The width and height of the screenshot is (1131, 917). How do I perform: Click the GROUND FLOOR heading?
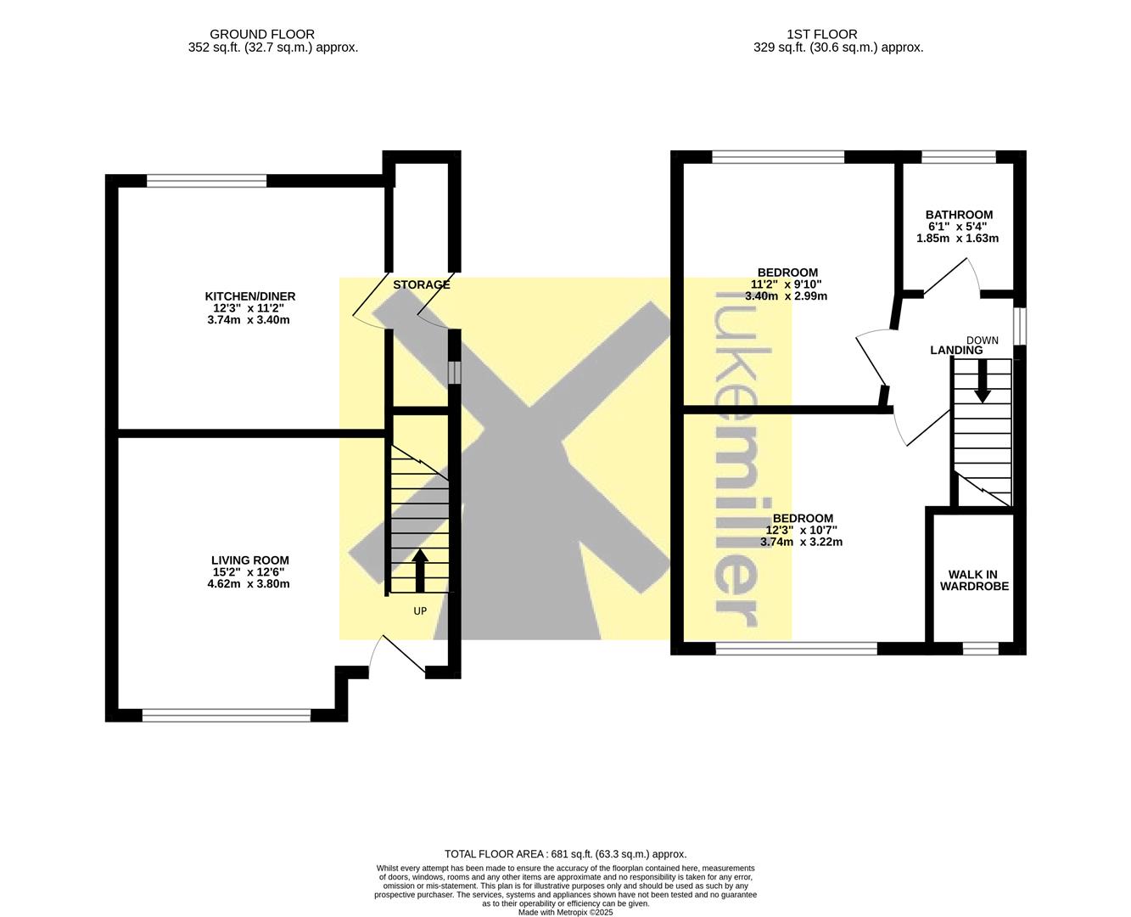[x=262, y=35]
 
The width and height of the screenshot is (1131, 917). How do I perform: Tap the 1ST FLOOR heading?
[x=821, y=35]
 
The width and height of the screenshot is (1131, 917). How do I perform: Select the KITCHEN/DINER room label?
[x=250, y=296]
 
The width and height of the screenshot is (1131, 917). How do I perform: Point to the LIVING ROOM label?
[x=250, y=560]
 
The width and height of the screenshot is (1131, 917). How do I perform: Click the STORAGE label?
[x=421, y=284]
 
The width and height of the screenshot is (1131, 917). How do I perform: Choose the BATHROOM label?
[x=959, y=215]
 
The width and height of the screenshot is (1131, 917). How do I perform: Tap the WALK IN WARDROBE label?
[x=974, y=580]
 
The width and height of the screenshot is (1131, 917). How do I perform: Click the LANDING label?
[x=956, y=350]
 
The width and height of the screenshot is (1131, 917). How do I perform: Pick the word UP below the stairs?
[x=420, y=611]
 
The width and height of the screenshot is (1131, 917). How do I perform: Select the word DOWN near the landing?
[x=982, y=340]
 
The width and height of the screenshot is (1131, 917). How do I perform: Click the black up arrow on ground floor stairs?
[x=420, y=571]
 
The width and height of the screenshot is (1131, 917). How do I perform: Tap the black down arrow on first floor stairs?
[x=983, y=381]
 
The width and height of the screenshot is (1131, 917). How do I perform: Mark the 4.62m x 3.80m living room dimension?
[x=249, y=584]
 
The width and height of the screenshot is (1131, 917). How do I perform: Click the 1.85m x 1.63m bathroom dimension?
[x=957, y=239]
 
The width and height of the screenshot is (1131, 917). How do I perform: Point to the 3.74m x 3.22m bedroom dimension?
[x=801, y=542]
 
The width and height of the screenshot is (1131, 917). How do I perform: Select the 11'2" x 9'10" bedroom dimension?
[x=786, y=284]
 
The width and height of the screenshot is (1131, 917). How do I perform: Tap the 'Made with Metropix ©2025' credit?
[x=565, y=912]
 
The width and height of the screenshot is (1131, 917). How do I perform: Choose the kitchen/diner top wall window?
[x=206, y=181]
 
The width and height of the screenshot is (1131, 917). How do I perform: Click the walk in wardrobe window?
[x=981, y=648]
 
